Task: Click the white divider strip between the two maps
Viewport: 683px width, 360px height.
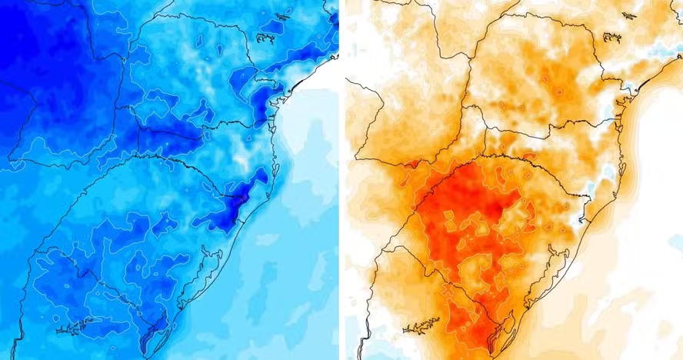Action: [341, 180]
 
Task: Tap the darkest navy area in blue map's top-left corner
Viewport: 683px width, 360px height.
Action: [23, 31]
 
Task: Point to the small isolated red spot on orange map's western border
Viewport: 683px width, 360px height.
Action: [415, 163]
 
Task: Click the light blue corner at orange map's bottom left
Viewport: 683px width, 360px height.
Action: [351, 350]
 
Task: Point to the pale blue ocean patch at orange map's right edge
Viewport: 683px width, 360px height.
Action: [675, 243]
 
